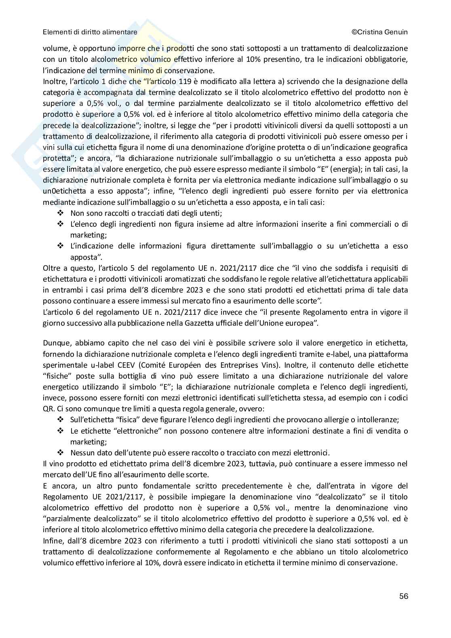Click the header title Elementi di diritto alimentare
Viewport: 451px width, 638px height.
pos(90,32)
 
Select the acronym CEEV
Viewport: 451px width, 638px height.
pos(158,365)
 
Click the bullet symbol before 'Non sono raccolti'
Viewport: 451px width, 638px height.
pos(61,213)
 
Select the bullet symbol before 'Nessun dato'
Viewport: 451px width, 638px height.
pos(61,452)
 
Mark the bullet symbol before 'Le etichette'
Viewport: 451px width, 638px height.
pos(61,431)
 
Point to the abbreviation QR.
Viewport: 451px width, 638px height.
pos(48,408)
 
